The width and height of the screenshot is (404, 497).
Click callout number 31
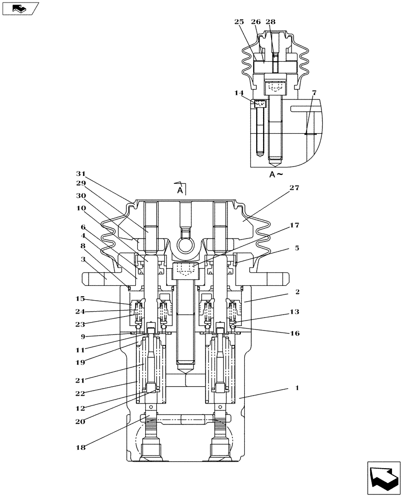81,173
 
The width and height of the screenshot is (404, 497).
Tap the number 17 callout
294,225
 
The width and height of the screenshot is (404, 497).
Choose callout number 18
81,447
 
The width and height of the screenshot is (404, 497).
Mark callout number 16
294,333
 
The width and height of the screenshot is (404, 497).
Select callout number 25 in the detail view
239,22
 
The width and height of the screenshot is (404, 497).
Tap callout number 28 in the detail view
270,22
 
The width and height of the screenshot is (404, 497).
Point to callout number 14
239,92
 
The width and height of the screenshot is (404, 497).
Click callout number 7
314,93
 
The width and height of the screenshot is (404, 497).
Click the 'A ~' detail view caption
276,174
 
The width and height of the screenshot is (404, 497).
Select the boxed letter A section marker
181,190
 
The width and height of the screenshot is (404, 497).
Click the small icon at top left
20,8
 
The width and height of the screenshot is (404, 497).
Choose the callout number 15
81,299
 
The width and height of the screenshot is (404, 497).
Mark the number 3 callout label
83,259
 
